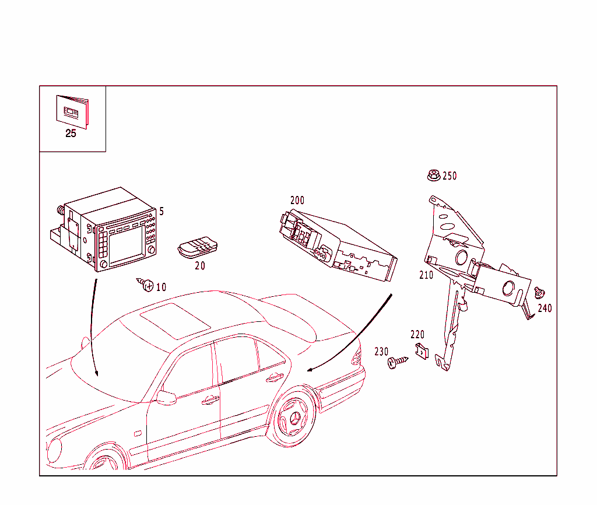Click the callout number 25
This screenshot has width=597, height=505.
[71, 134]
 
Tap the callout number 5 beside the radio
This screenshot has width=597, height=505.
[161, 211]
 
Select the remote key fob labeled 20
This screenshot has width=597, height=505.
[198, 247]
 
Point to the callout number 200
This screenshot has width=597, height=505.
[297, 200]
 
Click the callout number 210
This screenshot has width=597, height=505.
[426, 275]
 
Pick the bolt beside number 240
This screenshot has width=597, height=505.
[539, 292]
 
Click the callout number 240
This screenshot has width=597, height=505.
[545, 308]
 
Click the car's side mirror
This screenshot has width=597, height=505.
[166, 398]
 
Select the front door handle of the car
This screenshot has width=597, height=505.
[210, 400]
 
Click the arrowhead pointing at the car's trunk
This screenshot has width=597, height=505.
[311, 369]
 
